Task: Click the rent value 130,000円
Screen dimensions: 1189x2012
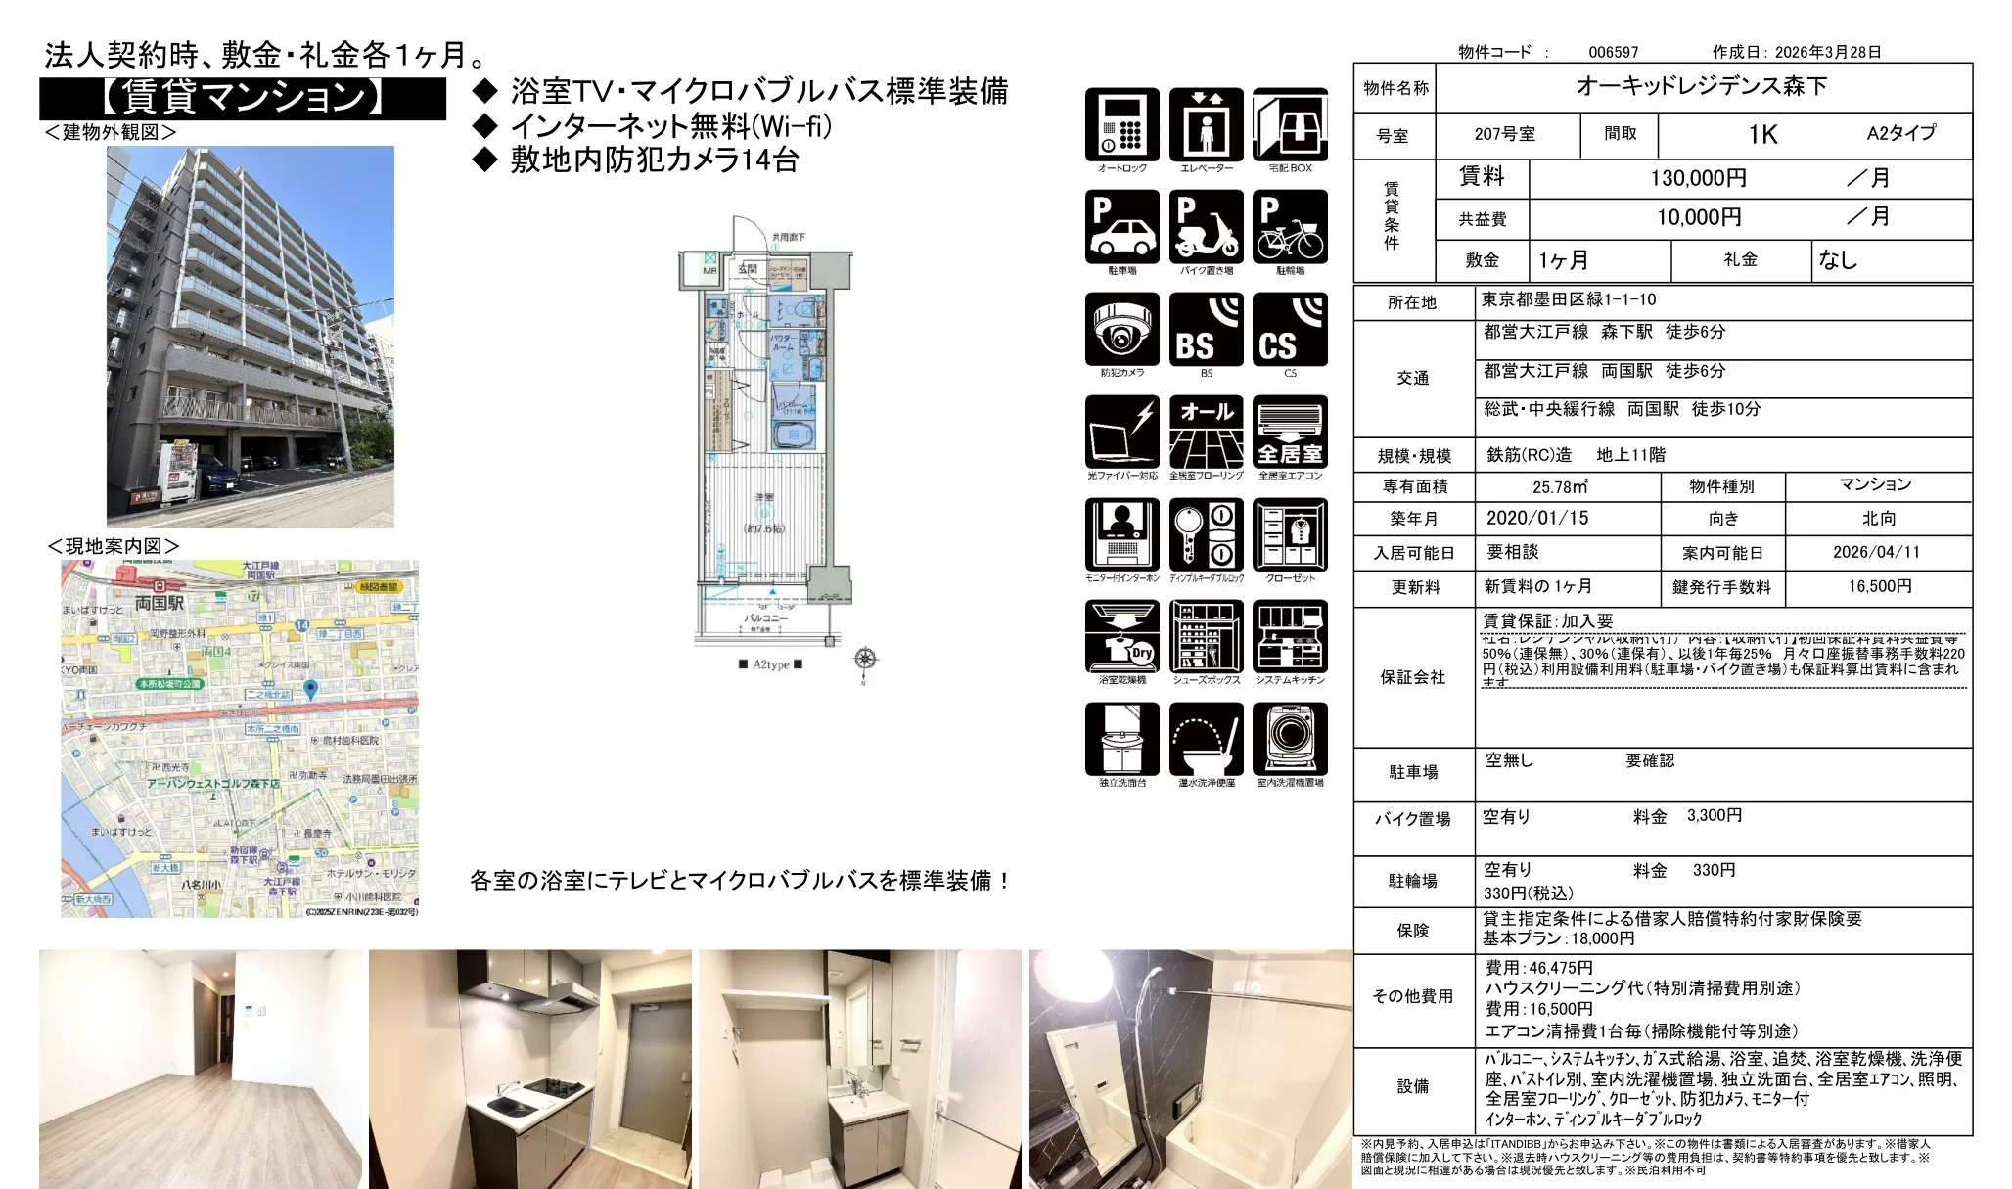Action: click(1698, 178)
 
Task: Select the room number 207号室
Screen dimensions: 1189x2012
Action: click(1504, 134)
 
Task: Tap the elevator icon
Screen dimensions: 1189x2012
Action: click(1206, 125)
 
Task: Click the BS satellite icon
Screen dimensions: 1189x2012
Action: click(1206, 330)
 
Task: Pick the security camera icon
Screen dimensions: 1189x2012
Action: click(1121, 330)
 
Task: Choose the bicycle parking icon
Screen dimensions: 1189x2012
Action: click(1290, 227)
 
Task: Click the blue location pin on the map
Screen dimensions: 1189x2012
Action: click(311, 689)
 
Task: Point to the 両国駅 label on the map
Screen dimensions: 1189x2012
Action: click(159, 603)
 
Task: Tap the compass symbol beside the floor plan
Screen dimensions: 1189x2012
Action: click(865, 659)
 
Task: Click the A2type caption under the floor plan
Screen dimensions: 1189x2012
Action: click(770, 664)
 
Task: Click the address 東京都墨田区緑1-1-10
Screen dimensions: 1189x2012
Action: click(1568, 299)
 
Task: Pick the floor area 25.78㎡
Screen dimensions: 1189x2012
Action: click(1560, 486)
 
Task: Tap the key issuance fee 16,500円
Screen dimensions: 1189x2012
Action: click(1879, 586)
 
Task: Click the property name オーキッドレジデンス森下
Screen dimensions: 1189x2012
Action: click(1701, 86)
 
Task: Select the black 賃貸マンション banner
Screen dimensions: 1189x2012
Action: click(243, 99)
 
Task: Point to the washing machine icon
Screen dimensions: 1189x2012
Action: click(1290, 739)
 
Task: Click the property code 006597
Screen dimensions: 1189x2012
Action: click(1613, 52)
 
